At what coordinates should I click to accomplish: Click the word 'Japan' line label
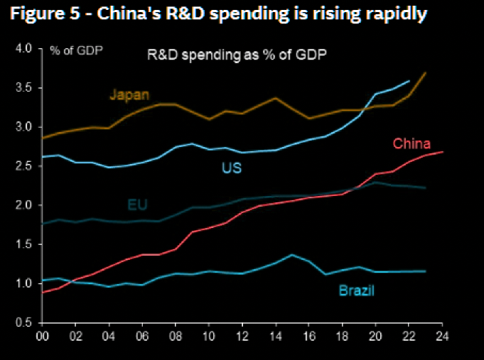pyautogui.click(x=129, y=94)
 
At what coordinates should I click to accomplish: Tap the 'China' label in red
pyautogui.click(x=412, y=143)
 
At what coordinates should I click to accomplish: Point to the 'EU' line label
pyautogui.click(x=137, y=205)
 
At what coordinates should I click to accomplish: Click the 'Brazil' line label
pyautogui.click(x=355, y=290)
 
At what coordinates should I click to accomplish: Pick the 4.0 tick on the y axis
pyautogui.click(x=24, y=49)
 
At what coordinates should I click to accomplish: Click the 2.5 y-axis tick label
pyautogui.click(x=24, y=166)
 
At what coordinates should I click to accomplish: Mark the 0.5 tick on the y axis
pyautogui.click(x=24, y=322)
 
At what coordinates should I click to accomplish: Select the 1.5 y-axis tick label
pyautogui.click(x=24, y=244)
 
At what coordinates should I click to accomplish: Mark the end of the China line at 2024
pyautogui.click(x=443, y=151)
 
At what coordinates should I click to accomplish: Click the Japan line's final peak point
pyautogui.click(x=425, y=72)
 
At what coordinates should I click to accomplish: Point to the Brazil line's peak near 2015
pyautogui.click(x=292, y=254)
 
